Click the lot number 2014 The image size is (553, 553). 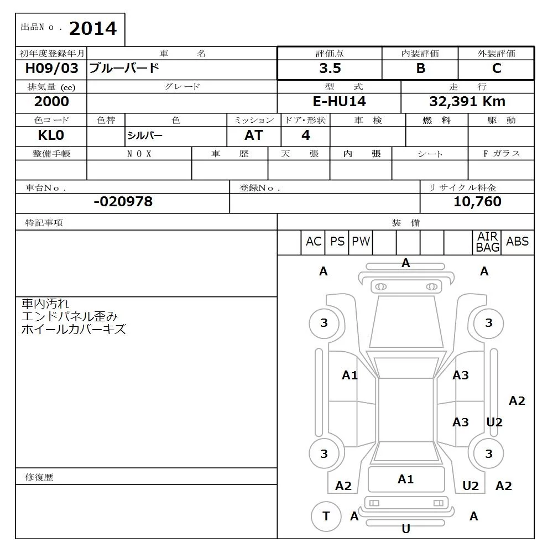[93, 29]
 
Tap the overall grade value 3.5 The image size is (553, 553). [330, 69]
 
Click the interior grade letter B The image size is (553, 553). [421, 69]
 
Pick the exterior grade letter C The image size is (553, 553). [497, 69]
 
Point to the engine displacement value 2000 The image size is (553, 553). [51, 102]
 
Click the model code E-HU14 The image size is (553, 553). [339, 102]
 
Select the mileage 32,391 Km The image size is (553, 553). [467, 102]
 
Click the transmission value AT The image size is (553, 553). [254, 135]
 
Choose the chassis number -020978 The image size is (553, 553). [123, 202]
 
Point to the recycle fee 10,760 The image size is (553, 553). [477, 202]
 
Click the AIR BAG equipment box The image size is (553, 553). [488, 242]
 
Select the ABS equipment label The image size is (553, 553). [518, 242]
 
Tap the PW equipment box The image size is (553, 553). [361, 242]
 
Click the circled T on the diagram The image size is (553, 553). [326, 517]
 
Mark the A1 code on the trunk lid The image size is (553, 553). [406, 479]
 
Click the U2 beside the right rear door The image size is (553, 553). [494, 422]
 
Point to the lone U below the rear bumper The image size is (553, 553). [406, 529]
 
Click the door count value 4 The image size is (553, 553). [306, 135]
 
